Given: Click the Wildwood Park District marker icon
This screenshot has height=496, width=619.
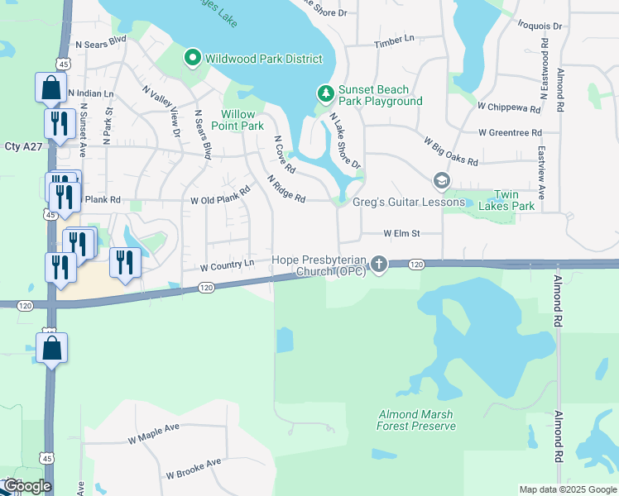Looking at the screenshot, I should click(x=192, y=58).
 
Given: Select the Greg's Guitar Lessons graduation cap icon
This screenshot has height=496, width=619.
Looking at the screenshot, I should click(x=442, y=180).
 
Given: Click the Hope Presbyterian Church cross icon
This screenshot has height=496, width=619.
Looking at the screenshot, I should click(x=379, y=264).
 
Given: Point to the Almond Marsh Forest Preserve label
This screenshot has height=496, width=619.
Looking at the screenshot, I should click(x=416, y=420).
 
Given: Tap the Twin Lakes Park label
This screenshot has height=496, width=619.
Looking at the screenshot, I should click(x=514, y=200).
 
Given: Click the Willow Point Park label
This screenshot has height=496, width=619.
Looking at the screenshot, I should click(x=242, y=120).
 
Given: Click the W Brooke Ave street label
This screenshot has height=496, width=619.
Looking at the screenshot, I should click(x=194, y=469).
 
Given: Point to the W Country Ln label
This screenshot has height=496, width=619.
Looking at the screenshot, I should click(x=227, y=266).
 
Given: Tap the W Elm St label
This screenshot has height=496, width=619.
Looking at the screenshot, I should click(x=401, y=234).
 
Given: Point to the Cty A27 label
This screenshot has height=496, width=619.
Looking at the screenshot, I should click(x=23, y=146).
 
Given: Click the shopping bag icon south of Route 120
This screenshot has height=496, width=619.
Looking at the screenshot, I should click(x=51, y=347).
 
